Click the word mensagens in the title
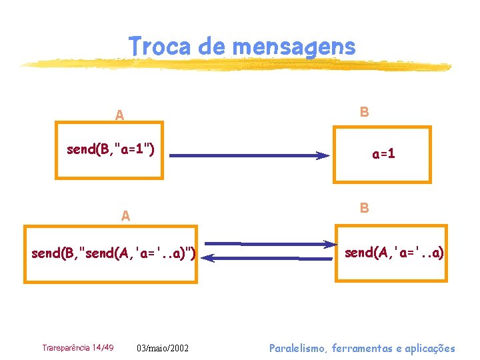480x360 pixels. coord(294,46)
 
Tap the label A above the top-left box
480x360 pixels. coord(119,115)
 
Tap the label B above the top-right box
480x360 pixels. coord(364,111)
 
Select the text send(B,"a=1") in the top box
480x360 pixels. coord(111,149)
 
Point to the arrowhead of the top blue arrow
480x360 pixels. coord(323,156)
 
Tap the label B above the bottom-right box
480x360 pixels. coord(364,208)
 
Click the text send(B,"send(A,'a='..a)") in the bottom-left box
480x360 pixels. coord(113,253)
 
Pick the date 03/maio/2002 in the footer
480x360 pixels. coord(163,348)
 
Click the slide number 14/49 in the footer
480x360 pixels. coord(103,347)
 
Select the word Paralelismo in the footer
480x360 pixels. coord(298,348)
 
